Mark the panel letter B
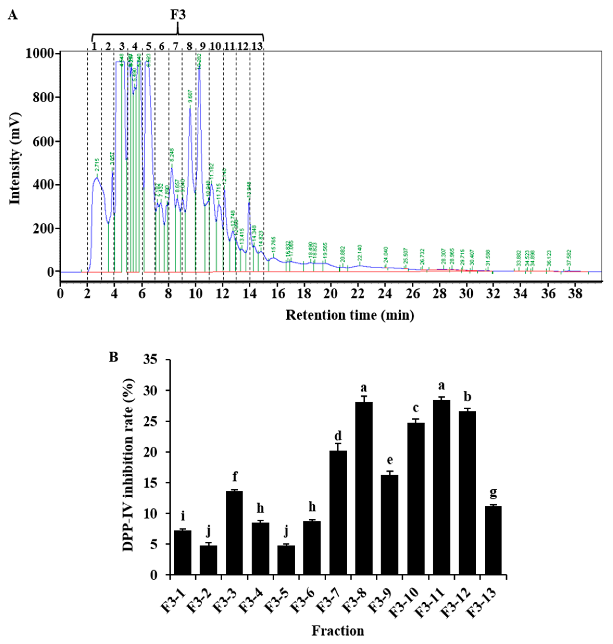[113, 357]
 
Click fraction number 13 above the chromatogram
[257, 46]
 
